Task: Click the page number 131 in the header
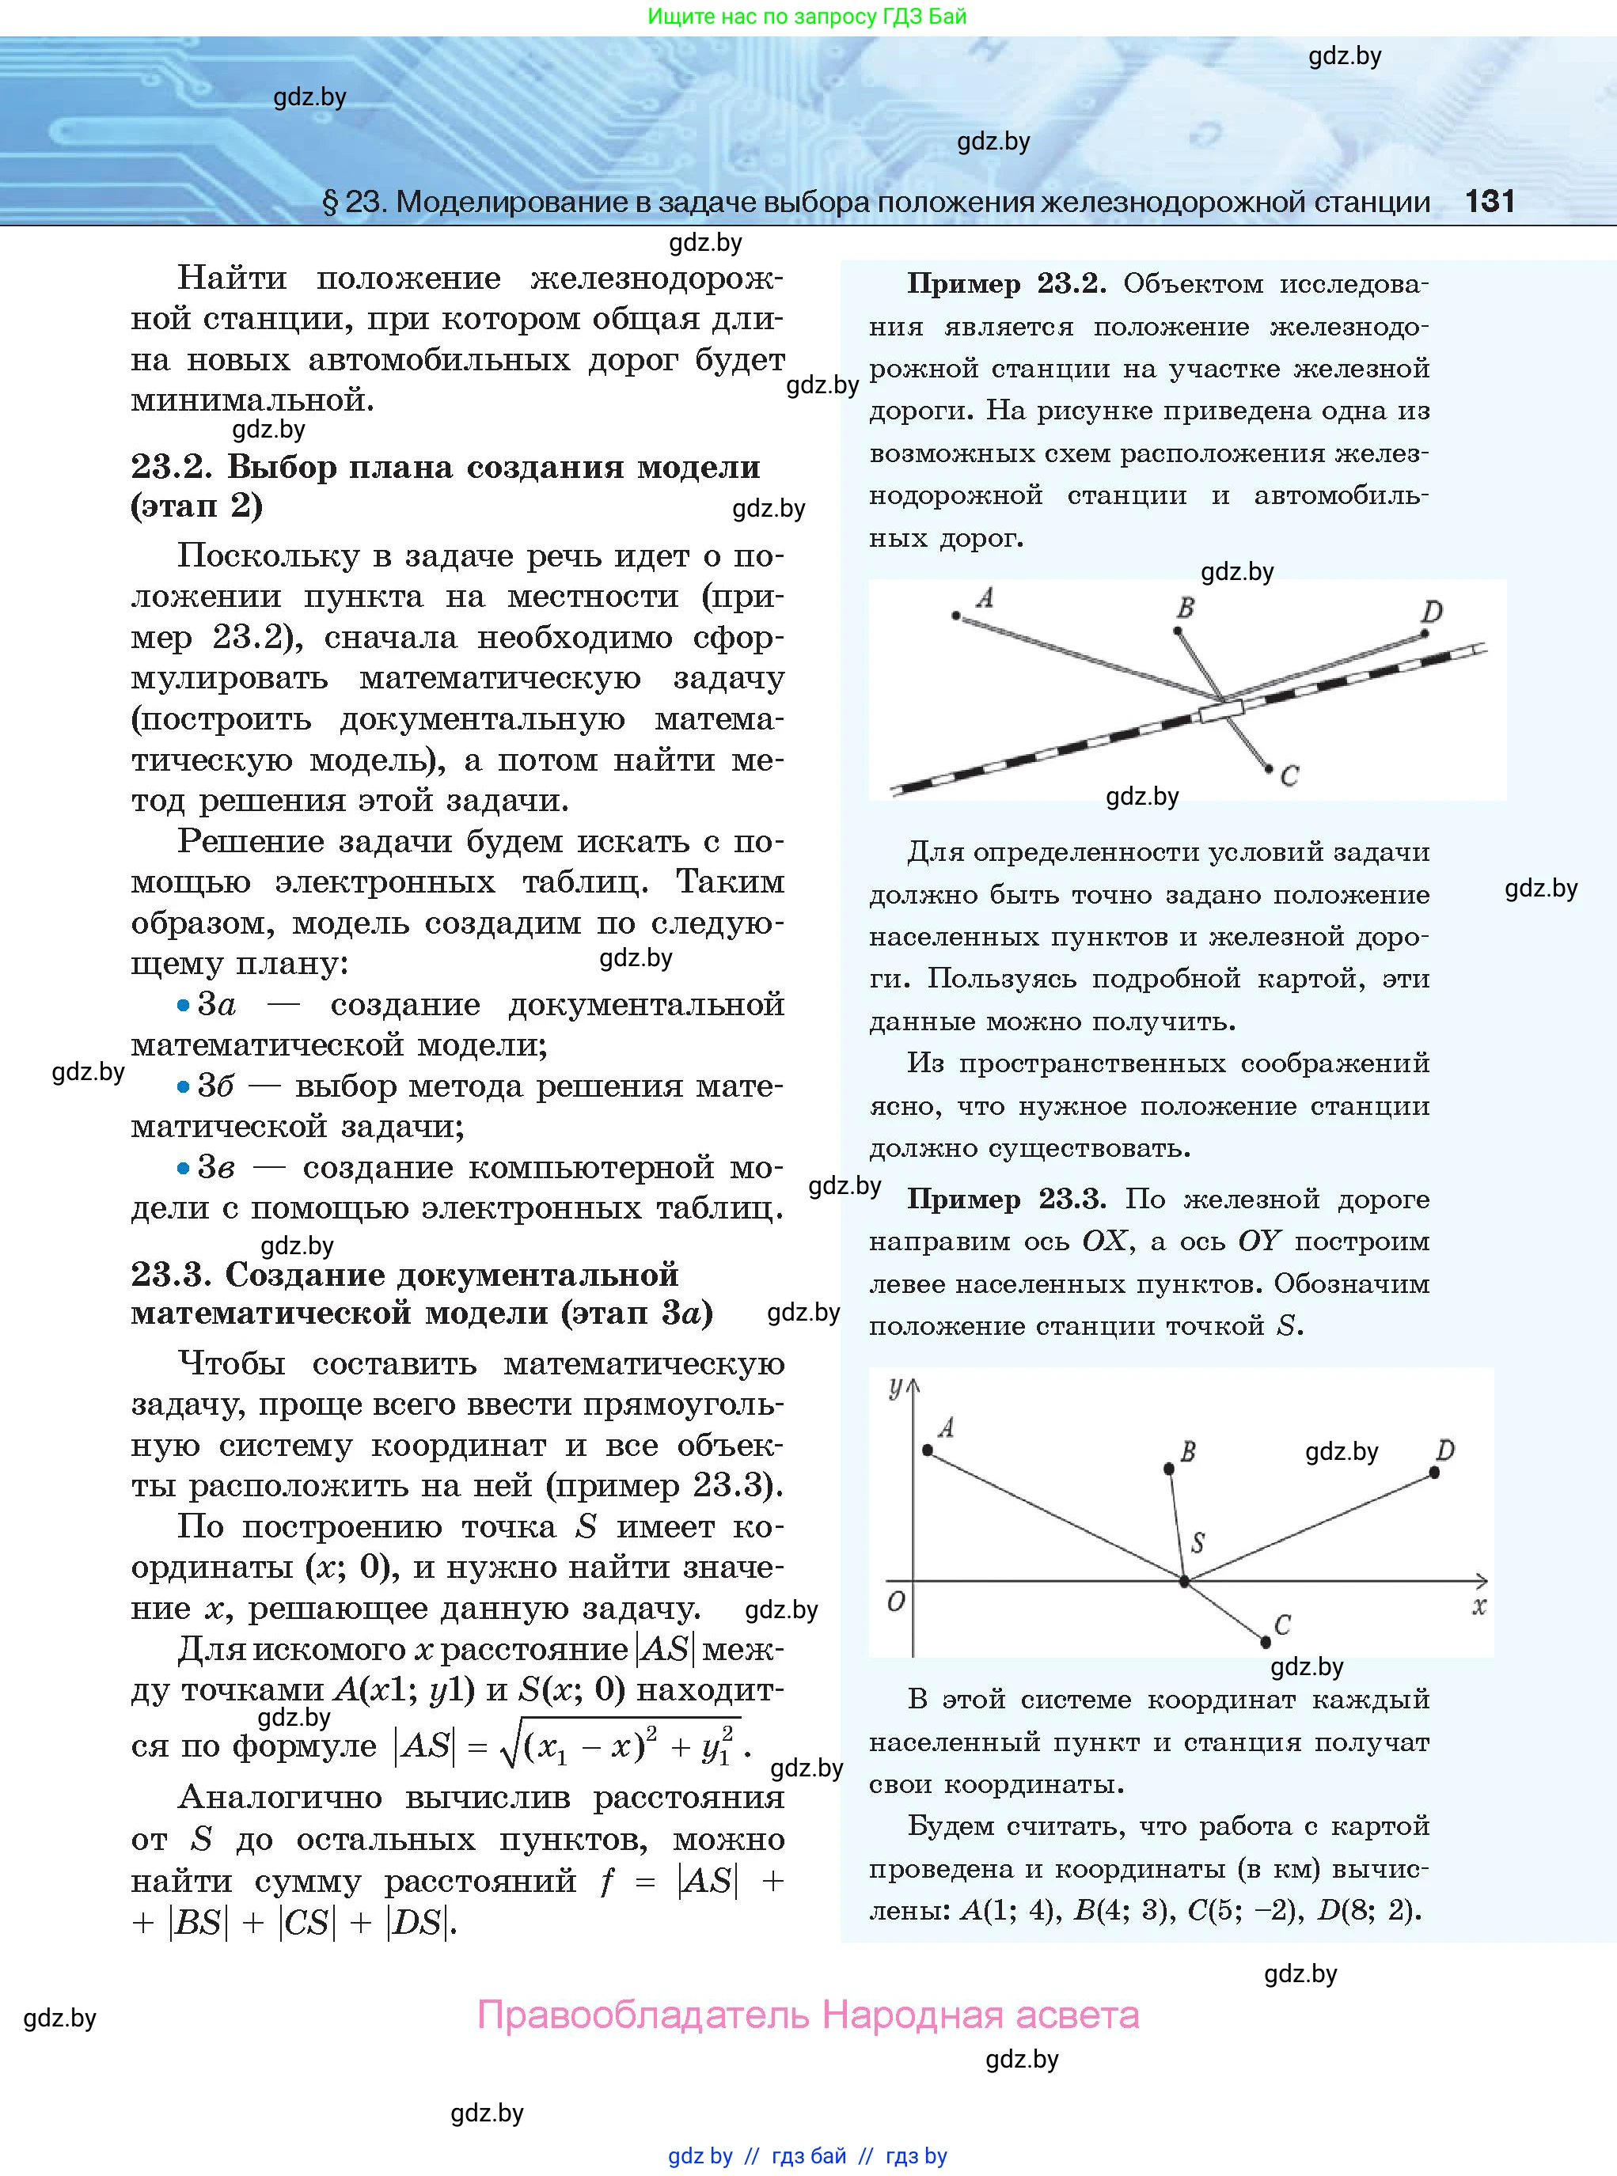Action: [1489, 202]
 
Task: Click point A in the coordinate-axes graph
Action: [928, 1449]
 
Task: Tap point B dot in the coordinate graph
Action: [1169, 1469]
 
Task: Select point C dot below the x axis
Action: [1266, 1642]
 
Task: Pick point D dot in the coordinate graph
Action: [1435, 1472]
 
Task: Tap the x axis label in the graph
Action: [1479, 1605]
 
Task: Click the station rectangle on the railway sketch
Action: [1220, 711]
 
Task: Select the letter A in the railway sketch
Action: [985, 597]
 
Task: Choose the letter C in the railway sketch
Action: [1289, 776]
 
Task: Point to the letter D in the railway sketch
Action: [1432, 612]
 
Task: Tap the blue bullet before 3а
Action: [183, 1005]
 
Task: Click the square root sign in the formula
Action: [509, 1746]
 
